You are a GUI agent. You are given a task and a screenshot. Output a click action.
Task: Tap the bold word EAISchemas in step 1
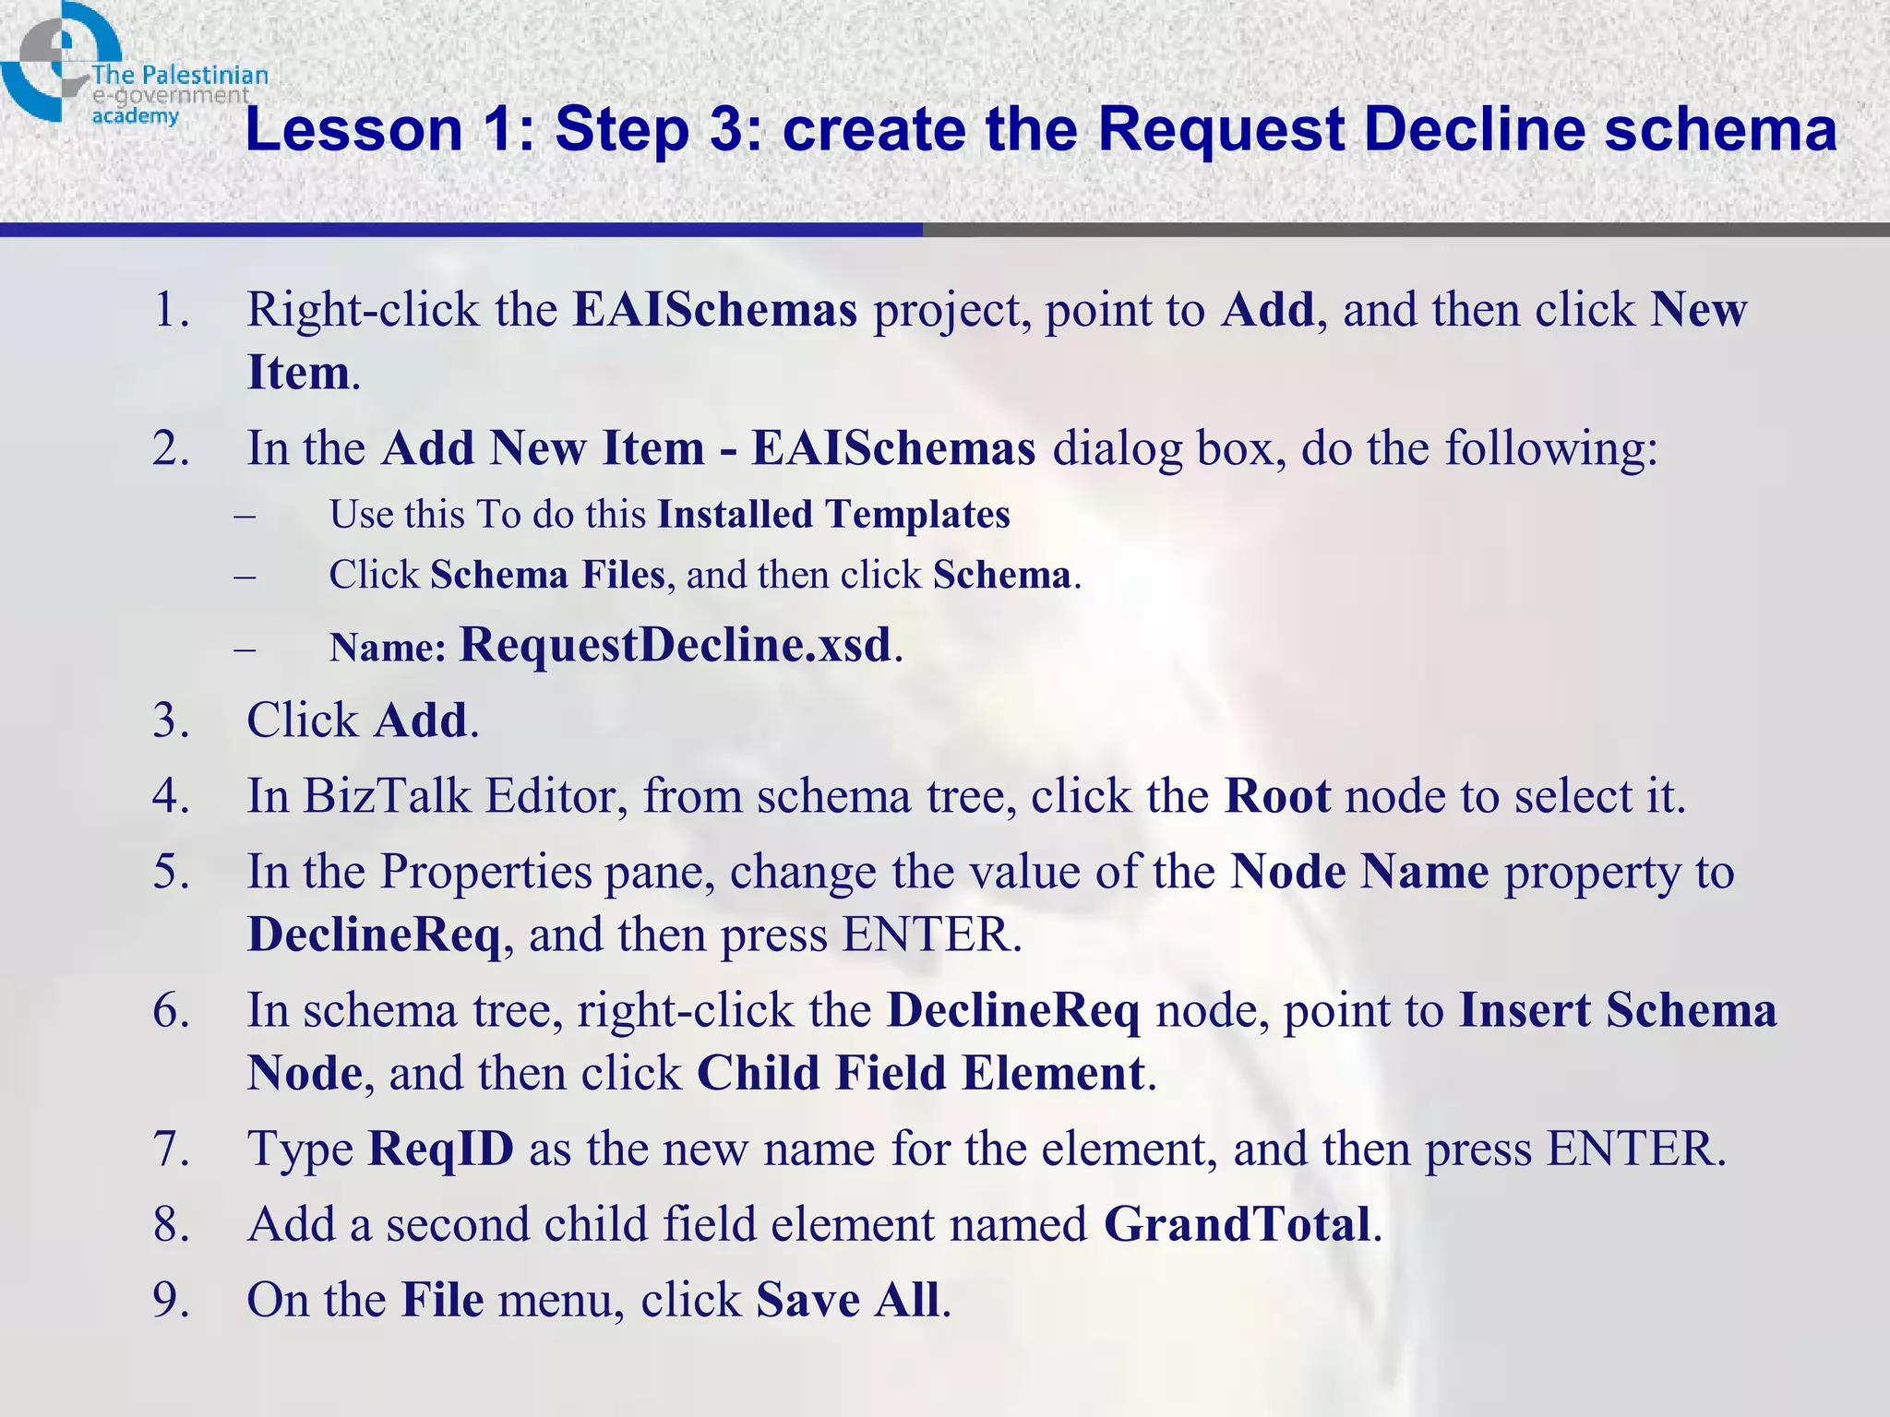click(x=715, y=310)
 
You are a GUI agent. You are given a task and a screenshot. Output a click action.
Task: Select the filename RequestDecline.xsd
click(x=676, y=644)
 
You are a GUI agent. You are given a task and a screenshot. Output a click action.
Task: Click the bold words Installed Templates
click(x=833, y=515)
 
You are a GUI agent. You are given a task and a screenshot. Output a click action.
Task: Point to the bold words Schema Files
click(x=547, y=576)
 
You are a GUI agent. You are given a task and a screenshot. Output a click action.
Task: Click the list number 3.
click(x=171, y=720)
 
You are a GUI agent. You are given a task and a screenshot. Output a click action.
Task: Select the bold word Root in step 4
click(x=1277, y=796)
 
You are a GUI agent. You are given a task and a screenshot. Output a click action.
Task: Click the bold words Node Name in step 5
click(x=1359, y=872)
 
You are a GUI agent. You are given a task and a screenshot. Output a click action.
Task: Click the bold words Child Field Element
click(x=921, y=1074)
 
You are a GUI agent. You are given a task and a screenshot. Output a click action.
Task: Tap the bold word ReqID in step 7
click(x=440, y=1149)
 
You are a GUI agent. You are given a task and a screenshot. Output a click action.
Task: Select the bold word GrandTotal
click(x=1237, y=1225)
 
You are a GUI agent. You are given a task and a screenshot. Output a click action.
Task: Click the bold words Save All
click(x=847, y=1301)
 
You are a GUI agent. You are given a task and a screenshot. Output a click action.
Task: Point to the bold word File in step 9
click(x=442, y=1301)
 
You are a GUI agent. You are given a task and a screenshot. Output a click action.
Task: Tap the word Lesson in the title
click(x=353, y=130)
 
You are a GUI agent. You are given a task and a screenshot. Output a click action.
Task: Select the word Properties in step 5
click(x=485, y=873)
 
